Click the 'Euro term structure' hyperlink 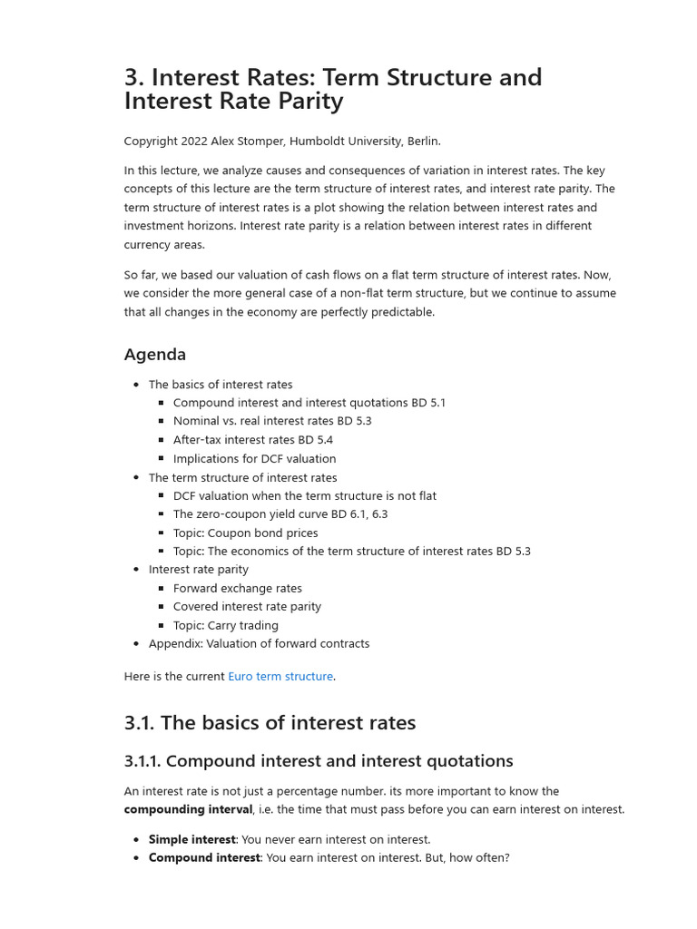(x=280, y=676)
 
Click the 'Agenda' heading (x=155, y=355)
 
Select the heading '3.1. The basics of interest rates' (x=270, y=723)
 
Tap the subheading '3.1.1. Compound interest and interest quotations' (x=319, y=761)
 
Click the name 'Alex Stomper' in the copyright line (x=246, y=141)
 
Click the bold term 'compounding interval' (x=188, y=809)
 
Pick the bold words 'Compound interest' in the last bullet (x=203, y=857)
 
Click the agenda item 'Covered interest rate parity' (x=247, y=606)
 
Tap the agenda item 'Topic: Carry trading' (x=226, y=625)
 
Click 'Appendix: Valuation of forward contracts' (x=259, y=643)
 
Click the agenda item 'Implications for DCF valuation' (x=254, y=459)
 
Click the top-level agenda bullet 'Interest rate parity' (x=198, y=569)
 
